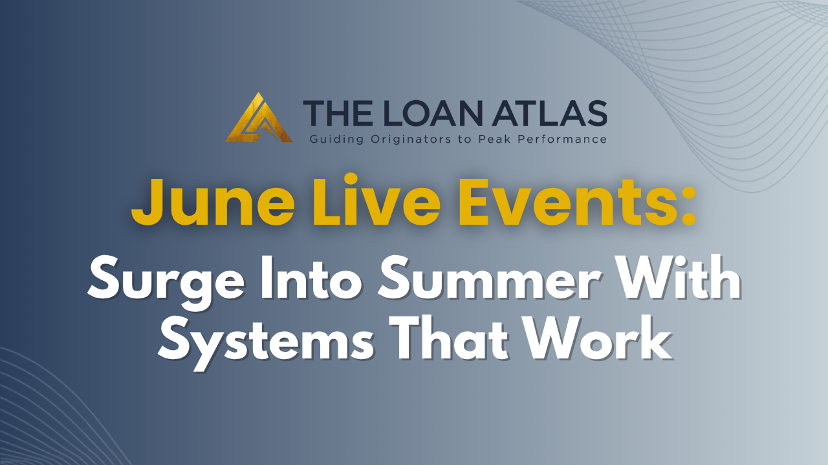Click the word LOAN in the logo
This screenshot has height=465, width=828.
[430, 113]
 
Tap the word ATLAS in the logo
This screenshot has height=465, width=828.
[549, 113]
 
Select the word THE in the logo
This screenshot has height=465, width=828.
[338, 113]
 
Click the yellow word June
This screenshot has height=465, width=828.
[213, 202]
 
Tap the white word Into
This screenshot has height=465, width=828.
[312, 277]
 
